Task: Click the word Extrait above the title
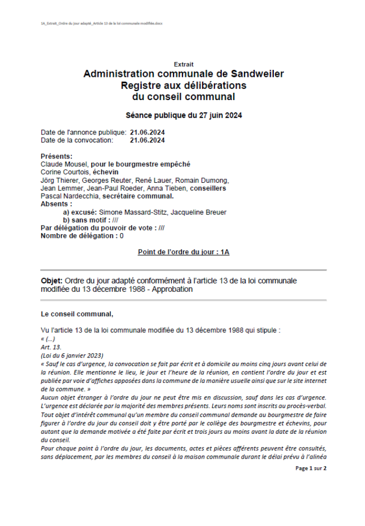point(184,65)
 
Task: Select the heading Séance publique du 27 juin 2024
point(184,115)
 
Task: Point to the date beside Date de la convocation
point(147,140)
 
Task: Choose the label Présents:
point(57,156)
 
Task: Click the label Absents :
point(56,204)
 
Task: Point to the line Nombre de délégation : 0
point(82,236)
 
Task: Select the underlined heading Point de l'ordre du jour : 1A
point(184,252)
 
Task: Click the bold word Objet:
point(51,281)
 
